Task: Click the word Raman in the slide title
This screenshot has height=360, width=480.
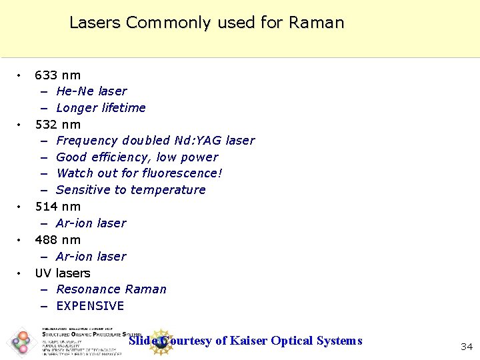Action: [316, 23]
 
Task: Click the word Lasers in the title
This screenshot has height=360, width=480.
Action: [95, 23]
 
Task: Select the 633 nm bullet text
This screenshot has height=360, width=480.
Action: [57, 75]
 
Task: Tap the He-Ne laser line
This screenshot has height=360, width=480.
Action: [91, 91]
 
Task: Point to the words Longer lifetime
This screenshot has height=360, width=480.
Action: [101, 108]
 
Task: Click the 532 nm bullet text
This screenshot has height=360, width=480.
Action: [57, 125]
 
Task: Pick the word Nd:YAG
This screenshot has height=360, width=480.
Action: [198, 141]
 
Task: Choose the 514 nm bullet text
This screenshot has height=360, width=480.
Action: [57, 207]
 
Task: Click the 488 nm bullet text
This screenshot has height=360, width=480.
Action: [57, 240]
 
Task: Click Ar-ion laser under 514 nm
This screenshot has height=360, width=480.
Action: [91, 223]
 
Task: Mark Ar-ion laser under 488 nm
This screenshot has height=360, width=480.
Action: [91, 257]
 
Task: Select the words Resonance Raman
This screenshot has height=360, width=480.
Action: [111, 289]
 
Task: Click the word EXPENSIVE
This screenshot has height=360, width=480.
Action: [90, 306]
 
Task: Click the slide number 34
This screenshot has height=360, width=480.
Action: [467, 346]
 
